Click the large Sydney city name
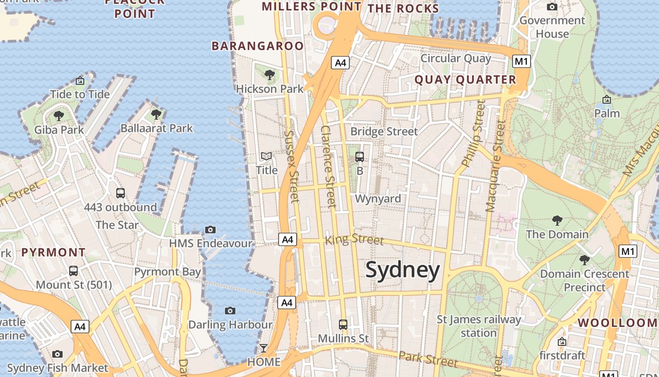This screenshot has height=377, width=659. coord(402,270)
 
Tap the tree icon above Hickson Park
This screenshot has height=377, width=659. coord(270,74)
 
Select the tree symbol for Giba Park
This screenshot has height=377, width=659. coord(59,115)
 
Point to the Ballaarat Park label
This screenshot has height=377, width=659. coord(157,128)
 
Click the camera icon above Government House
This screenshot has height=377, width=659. coord(552,7)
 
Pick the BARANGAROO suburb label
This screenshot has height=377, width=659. coord(257,46)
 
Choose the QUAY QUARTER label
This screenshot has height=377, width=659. coord(465,80)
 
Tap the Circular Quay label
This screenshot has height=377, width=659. coord(455,58)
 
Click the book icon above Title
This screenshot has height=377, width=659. coord(266,156)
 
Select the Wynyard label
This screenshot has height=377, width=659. coord(378,198)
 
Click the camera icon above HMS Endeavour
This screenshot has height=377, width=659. coord(210,229)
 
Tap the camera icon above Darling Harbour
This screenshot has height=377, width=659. coord(230,311)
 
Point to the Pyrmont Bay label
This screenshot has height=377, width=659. coord(168,271)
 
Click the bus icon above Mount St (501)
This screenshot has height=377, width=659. coord(73,271)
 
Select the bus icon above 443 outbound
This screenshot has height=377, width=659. coord(121,193)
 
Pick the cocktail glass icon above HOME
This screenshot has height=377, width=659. coord(264,348)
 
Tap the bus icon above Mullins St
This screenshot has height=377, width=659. coord(343,324)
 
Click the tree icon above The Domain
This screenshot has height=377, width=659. coord(557,220)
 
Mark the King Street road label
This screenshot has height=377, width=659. coord(354,239)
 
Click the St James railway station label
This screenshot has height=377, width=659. coord(479,326)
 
